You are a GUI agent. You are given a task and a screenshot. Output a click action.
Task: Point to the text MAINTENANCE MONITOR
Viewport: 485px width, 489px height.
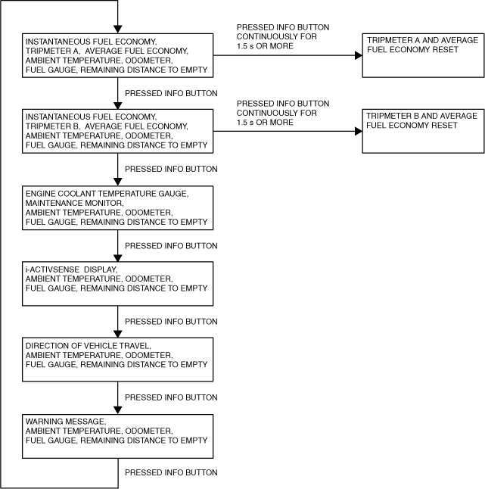click(74, 203)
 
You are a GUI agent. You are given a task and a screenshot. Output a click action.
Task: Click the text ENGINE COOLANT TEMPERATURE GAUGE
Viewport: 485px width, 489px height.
click(107, 194)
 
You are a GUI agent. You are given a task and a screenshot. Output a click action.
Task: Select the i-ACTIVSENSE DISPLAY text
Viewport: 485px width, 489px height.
click(71, 269)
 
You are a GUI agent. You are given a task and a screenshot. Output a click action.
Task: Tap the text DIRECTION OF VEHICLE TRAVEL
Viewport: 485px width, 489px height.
click(89, 346)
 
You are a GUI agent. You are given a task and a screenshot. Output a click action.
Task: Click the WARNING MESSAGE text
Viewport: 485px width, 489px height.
click(66, 422)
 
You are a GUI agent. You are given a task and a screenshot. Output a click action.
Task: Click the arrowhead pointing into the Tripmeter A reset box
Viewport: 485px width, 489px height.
click(359, 55)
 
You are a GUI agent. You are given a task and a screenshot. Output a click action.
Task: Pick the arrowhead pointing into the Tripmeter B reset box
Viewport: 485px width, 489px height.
click(359, 131)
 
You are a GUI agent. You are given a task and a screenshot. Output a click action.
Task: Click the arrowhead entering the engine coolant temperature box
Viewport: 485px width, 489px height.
click(117, 182)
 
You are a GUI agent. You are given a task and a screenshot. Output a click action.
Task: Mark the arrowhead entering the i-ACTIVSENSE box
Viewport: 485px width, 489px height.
click(117, 258)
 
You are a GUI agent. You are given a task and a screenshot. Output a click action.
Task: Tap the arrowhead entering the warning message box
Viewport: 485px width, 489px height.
click(117, 410)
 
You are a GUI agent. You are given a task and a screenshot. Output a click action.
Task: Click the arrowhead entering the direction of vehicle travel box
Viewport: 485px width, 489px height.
click(117, 334)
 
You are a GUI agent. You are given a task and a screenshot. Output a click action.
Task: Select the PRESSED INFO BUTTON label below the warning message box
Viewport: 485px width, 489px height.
click(171, 472)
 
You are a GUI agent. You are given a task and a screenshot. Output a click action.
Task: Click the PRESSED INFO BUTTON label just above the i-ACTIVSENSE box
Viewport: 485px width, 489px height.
click(171, 246)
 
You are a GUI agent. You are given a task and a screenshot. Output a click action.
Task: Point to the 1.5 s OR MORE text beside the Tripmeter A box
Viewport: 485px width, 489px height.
click(265, 46)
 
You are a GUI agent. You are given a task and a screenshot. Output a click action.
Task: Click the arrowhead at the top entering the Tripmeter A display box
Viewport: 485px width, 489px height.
click(117, 30)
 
